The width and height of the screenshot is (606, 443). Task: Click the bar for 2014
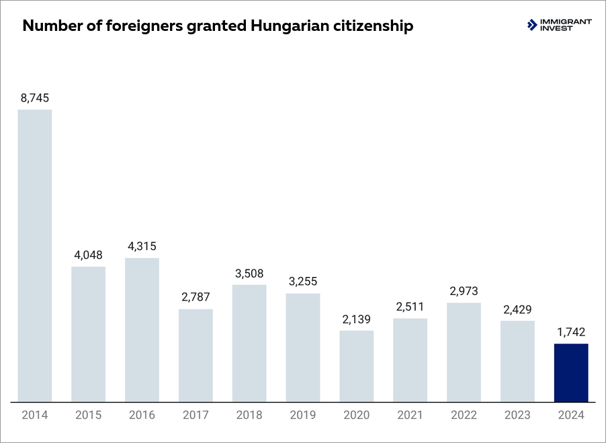coord(35,255)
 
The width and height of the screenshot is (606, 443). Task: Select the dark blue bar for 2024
coord(571,373)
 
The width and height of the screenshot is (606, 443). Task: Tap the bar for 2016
coord(142,329)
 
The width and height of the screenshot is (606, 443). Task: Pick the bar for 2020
coord(356,366)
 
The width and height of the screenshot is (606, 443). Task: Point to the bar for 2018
coord(249,343)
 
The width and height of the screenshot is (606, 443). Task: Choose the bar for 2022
coord(464,352)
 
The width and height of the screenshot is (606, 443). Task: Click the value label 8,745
coord(35,98)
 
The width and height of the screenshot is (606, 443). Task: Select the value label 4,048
coord(88,255)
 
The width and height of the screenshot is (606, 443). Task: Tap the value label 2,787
coord(196,298)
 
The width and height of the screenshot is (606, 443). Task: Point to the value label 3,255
coord(302,282)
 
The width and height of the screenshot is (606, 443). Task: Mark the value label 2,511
coord(410,307)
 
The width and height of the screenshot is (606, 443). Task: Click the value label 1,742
coord(571,332)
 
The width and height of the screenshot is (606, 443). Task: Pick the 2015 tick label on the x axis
coord(88,415)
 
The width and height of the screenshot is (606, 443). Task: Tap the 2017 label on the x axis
coord(196,415)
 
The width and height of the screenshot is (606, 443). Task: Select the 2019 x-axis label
coord(302,415)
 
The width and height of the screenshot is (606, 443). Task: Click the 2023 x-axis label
coord(517,415)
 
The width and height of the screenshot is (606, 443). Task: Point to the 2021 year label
coord(410,415)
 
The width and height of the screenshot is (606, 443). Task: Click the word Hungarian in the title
coord(282,26)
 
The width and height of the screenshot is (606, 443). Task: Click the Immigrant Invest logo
coord(560,25)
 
